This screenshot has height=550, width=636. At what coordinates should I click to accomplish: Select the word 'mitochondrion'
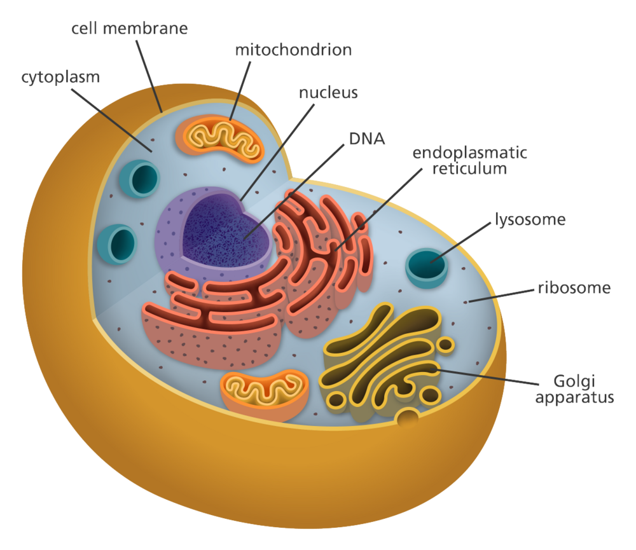click(293, 50)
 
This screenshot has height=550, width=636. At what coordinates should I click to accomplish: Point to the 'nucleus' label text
click(328, 93)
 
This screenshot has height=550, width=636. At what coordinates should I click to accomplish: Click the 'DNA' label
click(367, 138)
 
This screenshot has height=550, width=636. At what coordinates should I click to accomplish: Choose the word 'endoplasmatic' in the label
click(470, 153)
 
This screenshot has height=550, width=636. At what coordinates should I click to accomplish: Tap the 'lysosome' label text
click(530, 220)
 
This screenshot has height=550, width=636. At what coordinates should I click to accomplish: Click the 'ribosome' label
click(574, 287)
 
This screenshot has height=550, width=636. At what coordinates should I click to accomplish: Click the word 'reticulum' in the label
click(470, 168)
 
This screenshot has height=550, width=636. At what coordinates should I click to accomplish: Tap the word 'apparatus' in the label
click(574, 399)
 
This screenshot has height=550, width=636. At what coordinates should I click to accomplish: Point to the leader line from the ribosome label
click(502, 295)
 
